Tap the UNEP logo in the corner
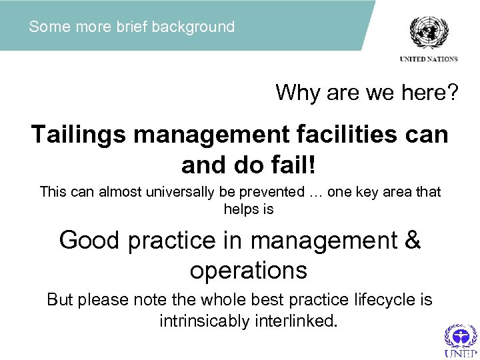pos(461,341)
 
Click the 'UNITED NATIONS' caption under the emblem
pos(429,59)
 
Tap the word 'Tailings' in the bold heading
pos(77,135)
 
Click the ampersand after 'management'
pos(413,240)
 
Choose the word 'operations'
pos(249,270)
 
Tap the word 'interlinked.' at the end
pos(297,321)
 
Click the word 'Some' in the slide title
pos(45,27)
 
